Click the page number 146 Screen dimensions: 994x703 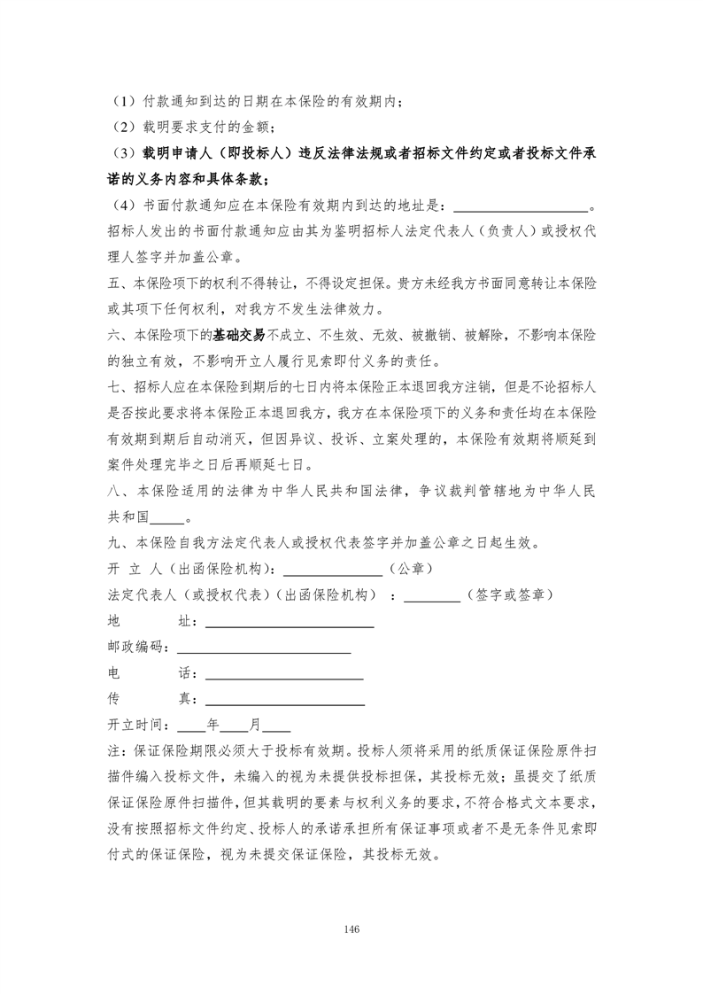pos(351,928)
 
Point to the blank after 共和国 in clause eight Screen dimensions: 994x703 pos(166,518)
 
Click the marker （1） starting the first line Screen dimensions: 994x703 pos(121,101)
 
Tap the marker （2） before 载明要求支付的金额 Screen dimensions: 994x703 pos(121,127)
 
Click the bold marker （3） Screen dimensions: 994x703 pos(121,153)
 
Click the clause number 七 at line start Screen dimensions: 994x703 pos(112,388)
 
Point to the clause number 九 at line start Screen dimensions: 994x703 pos(112,544)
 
